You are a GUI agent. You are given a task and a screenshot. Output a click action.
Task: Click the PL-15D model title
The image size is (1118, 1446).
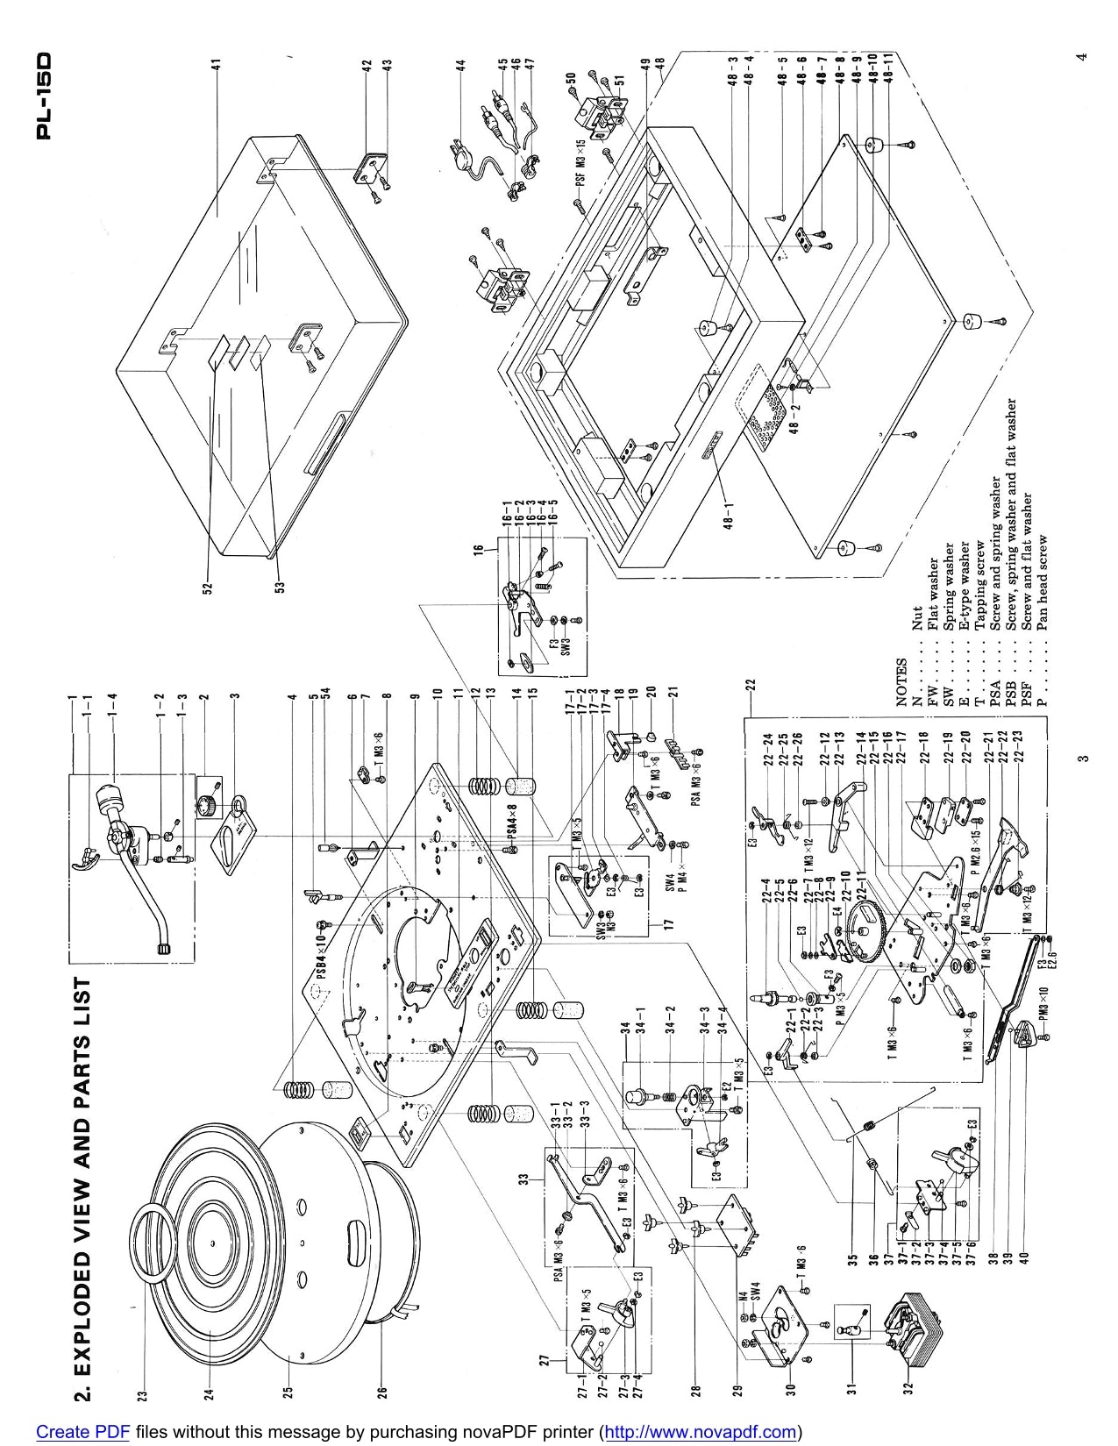pyautogui.click(x=46, y=96)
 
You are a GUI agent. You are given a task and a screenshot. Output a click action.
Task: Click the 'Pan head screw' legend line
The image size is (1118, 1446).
pyautogui.click(x=1043, y=582)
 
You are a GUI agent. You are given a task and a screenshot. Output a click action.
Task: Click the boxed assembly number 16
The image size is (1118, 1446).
pyautogui.click(x=480, y=553)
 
